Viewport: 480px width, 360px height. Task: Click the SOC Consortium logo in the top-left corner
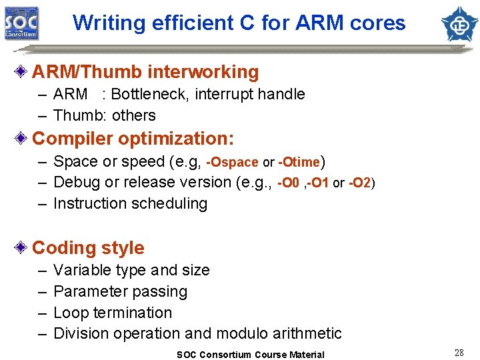point(21,23)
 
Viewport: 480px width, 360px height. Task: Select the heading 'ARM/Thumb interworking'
point(145,72)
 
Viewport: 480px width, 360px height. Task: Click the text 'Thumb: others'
point(104,115)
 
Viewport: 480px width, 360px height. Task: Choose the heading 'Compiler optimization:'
point(133,139)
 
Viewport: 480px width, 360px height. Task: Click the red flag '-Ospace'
point(232,163)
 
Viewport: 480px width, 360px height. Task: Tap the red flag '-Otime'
point(299,163)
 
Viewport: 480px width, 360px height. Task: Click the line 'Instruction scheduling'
point(130,203)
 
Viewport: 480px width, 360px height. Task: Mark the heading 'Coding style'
point(88,248)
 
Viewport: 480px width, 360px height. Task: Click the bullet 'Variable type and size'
point(131,270)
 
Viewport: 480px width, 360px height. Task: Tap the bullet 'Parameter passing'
point(120,291)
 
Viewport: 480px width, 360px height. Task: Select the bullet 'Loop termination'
point(112,313)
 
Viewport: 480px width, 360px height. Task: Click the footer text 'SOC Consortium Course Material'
point(250,355)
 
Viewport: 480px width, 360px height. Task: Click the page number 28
point(459,353)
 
